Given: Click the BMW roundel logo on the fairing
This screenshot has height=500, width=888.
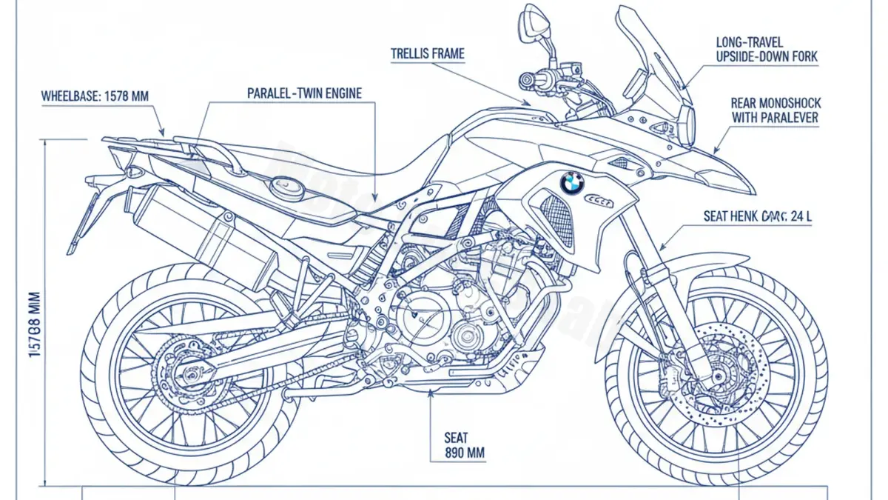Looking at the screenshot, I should coord(571,182).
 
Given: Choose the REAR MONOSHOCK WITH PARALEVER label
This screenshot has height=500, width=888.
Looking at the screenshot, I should coord(776,110).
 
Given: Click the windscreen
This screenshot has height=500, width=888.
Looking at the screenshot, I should coord(651,67).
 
